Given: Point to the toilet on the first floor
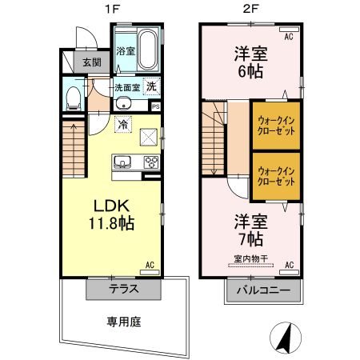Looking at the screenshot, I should (72, 98).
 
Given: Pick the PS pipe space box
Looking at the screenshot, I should (156, 106).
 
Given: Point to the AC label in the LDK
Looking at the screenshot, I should (149, 264).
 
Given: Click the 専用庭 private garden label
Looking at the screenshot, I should (124, 322).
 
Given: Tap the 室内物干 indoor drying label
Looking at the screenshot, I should (250, 258).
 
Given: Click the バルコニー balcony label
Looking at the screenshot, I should (263, 290).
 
